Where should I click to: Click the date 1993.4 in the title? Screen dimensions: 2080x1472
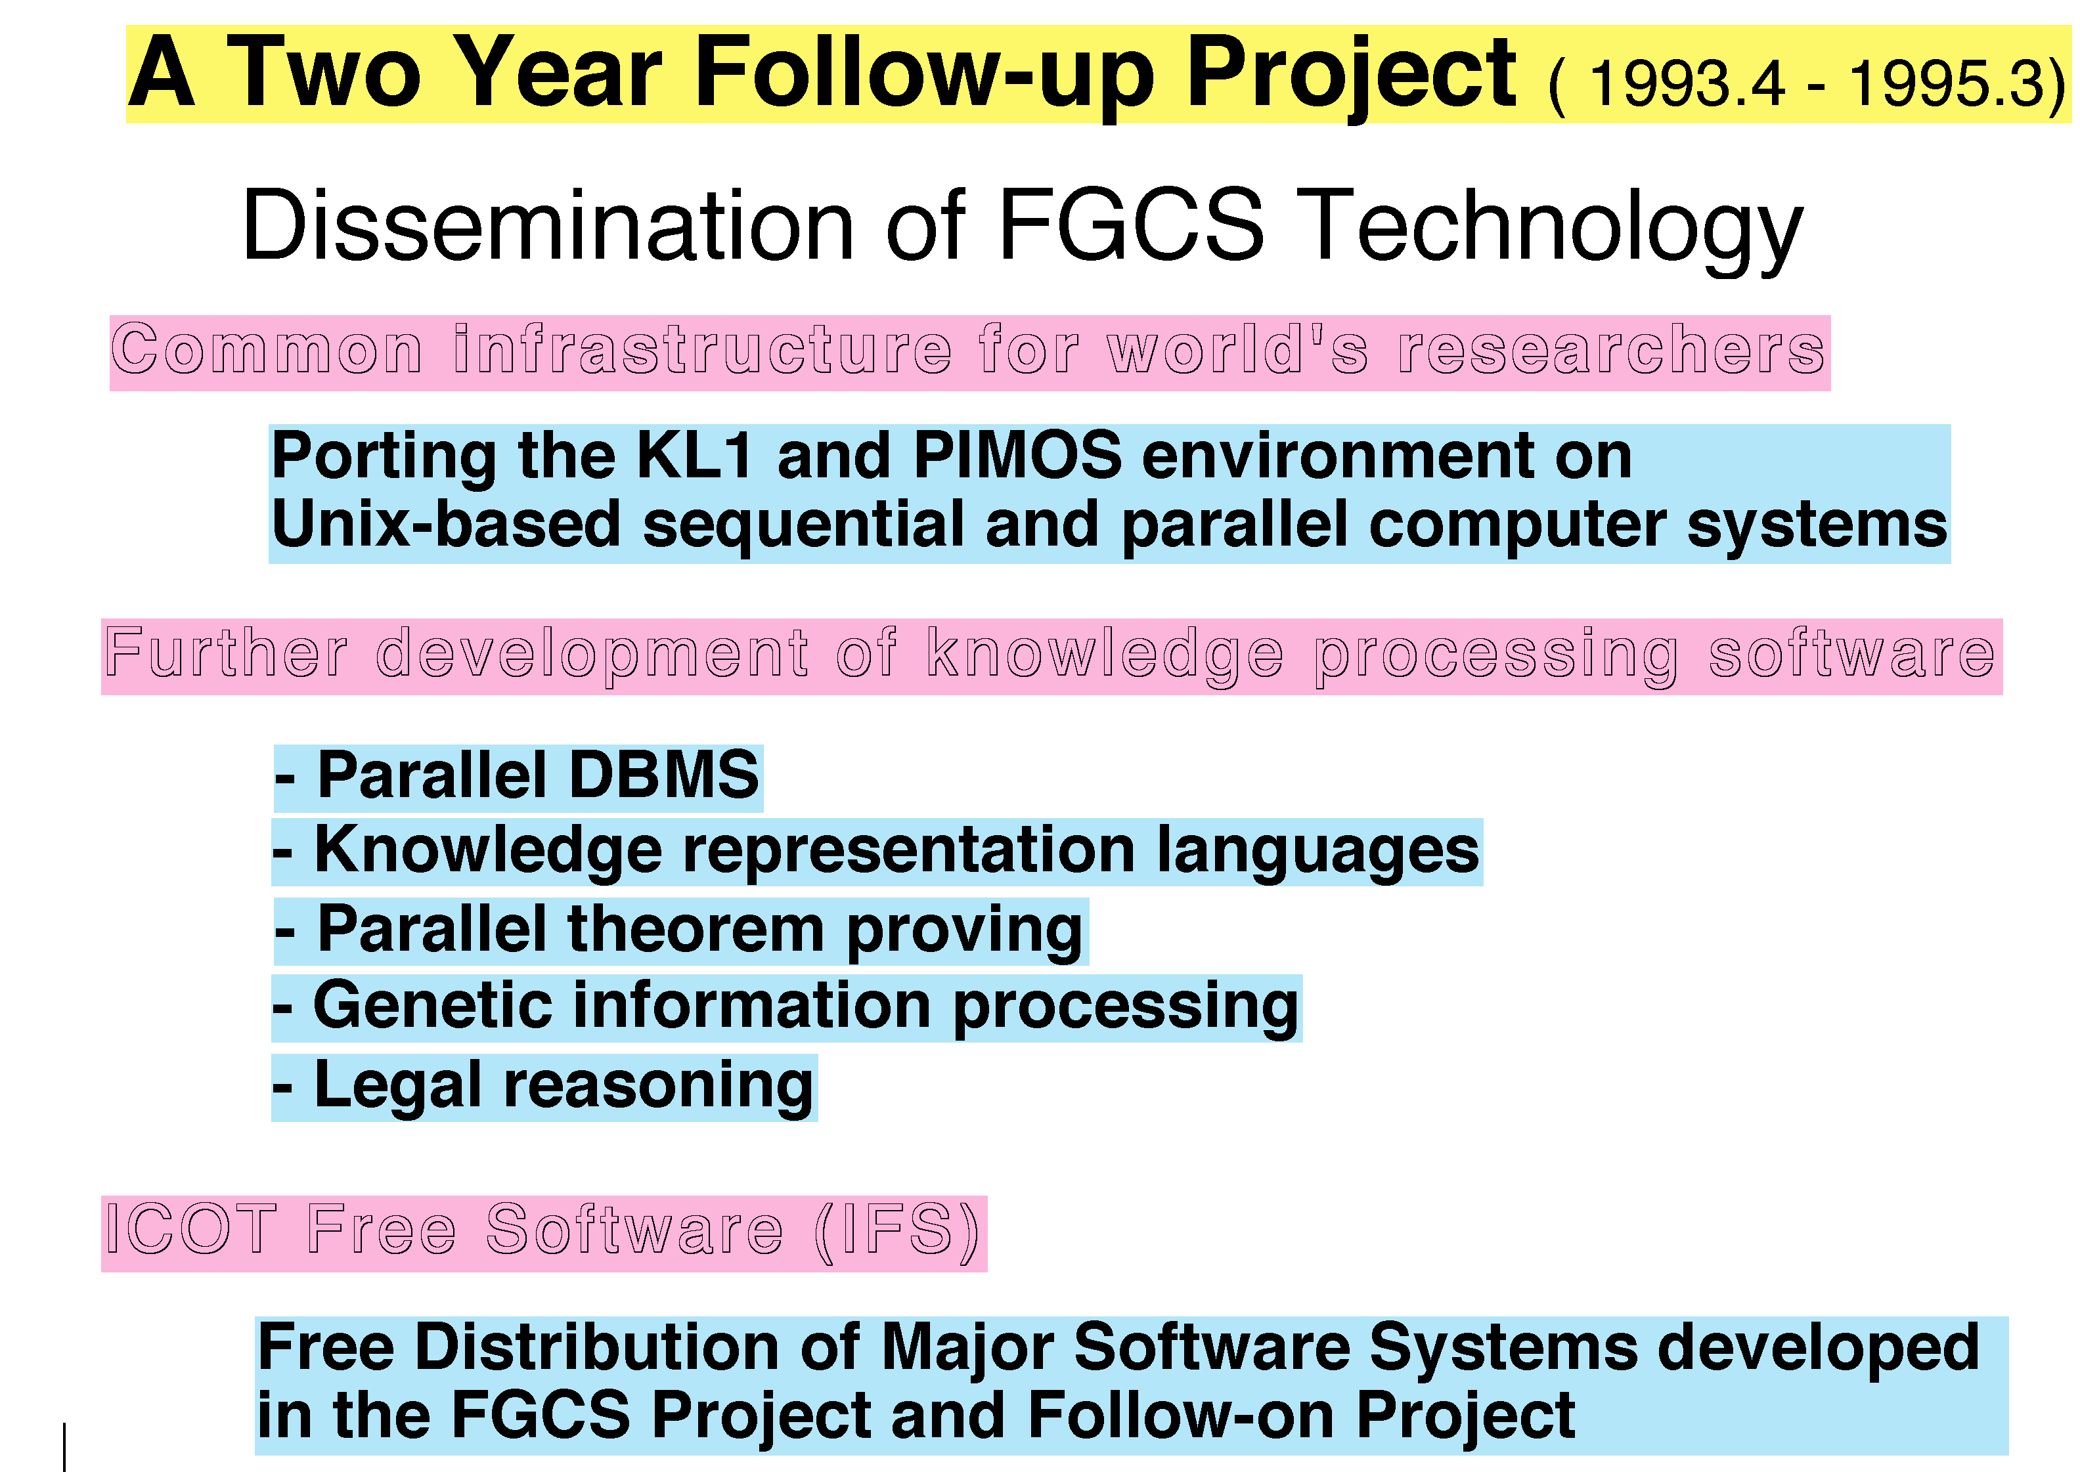click(x=1687, y=83)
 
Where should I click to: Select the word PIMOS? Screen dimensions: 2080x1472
click(x=1017, y=455)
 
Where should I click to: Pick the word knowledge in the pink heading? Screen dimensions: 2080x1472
click(x=1105, y=655)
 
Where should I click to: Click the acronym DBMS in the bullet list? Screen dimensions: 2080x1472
click(x=664, y=776)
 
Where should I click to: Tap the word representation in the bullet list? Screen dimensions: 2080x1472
click(x=908, y=853)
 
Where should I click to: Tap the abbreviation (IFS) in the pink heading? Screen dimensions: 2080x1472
click(x=896, y=1232)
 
